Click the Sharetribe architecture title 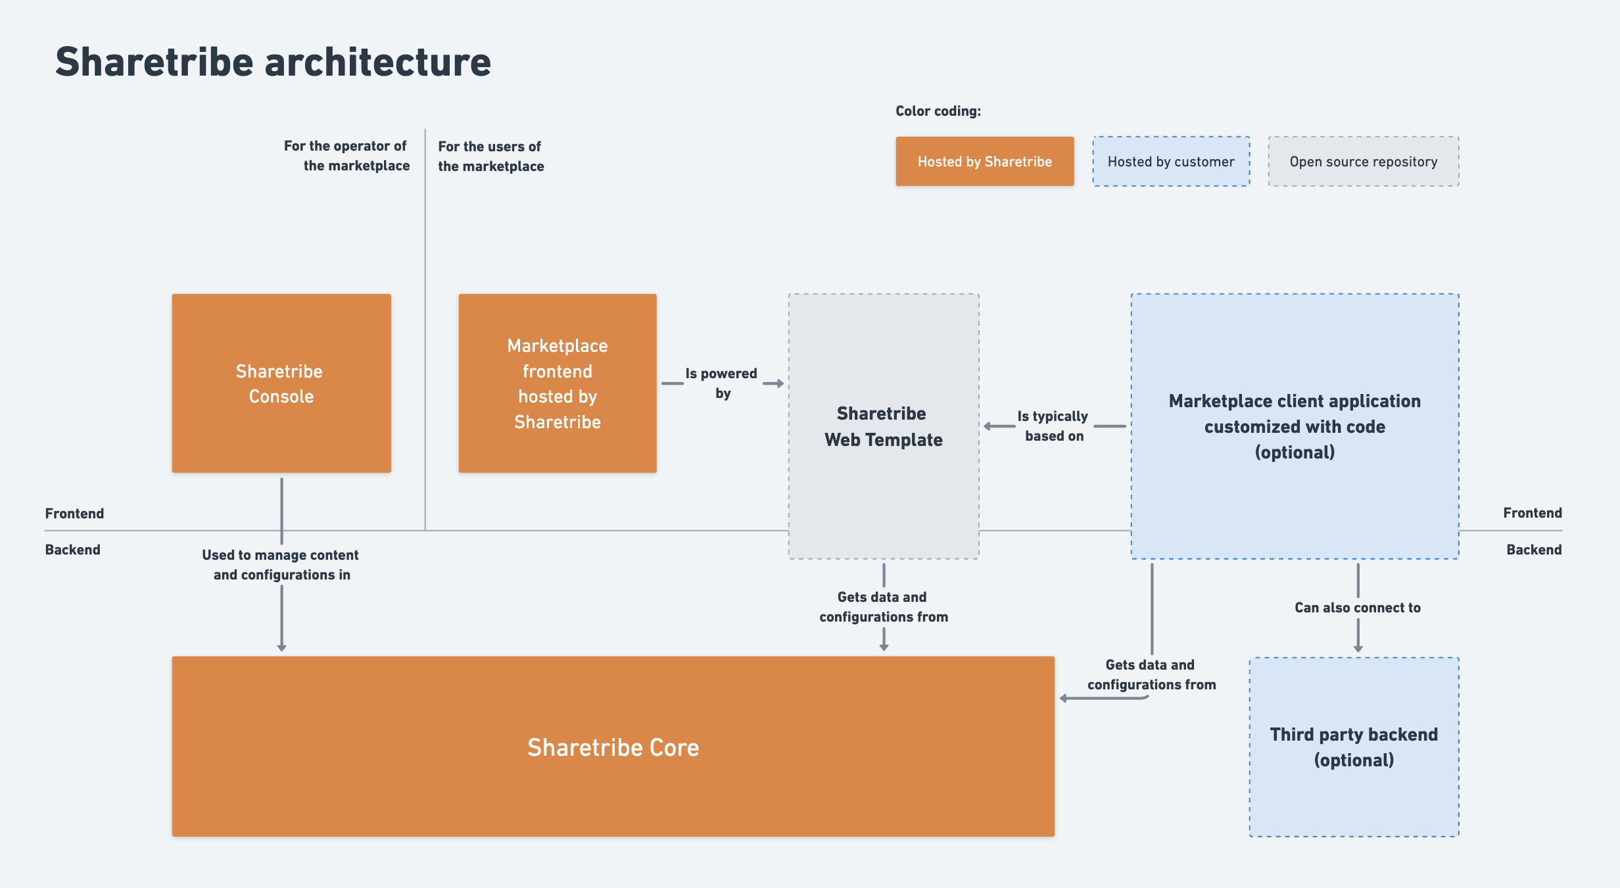(x=273, y=62)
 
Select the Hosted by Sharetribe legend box (x=984, y=161)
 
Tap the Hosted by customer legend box (x=1171, y=161)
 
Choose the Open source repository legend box (x=1363, y=161)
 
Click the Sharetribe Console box (x=281, y=383)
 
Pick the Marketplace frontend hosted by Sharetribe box (x=557, y=383)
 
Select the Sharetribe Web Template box (x=883, y=426)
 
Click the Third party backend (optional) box (x=1354, y=747)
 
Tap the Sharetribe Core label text (x=613, y=747)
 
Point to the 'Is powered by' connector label (x=722, y=383)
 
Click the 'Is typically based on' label (x=1053, y=426)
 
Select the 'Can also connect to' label (x=1358, y=608)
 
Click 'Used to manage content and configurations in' (x=281, y=564)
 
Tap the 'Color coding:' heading (x=938, y=111)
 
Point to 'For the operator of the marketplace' (x=346, y=155)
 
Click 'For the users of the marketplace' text (x=490, y=156)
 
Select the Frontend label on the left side (x=74, y=513)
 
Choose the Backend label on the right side (x=1533, y=549)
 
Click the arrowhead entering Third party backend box (x=1358, y=649)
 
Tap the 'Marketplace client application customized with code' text (x=1294, y=414)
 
